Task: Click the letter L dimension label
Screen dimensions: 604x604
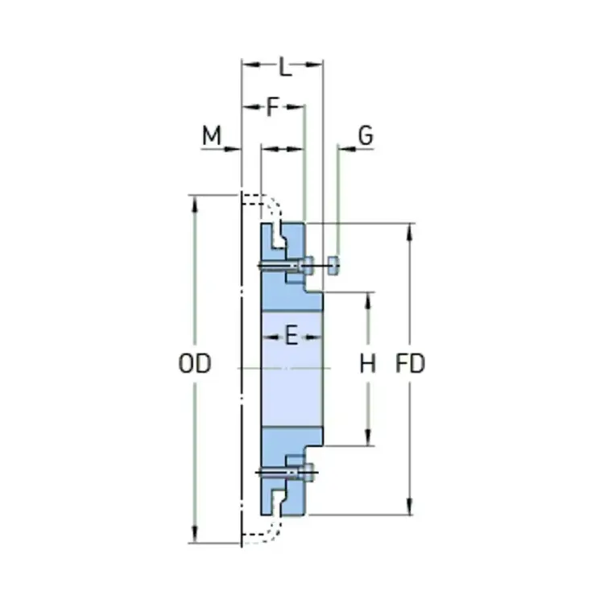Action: (x=284, y=67)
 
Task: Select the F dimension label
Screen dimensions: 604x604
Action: (x=273, y=106)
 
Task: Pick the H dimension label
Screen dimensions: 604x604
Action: (x=367, y=364)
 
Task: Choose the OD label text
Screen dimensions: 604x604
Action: (x=194, y=364)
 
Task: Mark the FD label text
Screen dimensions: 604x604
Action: (x=411, y=364)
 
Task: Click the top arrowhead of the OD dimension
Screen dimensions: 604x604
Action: (x=193, y=201)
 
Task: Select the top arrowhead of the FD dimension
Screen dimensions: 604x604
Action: (x=412, y=230)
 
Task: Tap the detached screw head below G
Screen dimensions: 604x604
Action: (x=334, y=263)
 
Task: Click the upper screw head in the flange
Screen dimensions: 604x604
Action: (x=306, y=263)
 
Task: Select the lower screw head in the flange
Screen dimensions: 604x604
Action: (x=306, y=473)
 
